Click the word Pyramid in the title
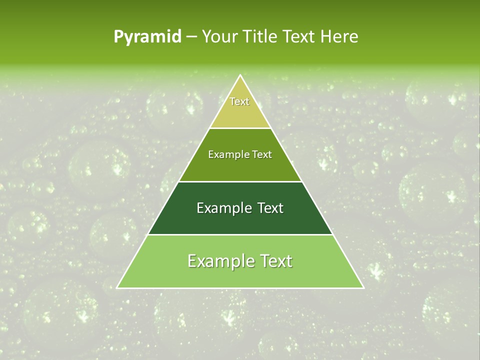coord(147,37)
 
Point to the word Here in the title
coord(339,36)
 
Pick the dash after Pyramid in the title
coord(191,37)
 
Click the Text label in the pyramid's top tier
coord(239,101)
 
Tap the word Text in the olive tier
coord(262,154)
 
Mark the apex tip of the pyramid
coord(240,75)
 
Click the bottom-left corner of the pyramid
coord(117,287)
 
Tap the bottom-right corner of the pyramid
coord(363,287)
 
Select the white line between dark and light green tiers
coord(240,234)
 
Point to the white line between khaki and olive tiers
coord(240,128)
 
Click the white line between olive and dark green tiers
coord(240,181)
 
